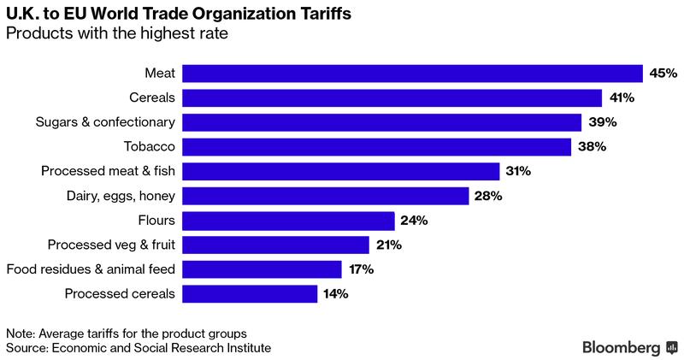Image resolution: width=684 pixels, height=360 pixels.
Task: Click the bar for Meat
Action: pyautogui.click(x=412, y=74)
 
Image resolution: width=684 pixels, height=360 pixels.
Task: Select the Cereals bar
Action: pyautogui.click(x=392, y=97)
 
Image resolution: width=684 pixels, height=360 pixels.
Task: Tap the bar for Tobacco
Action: pyautogui.click(x=376, y=147)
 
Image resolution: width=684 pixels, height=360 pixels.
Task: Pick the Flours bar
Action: pyautogui.click(x=288, y=221)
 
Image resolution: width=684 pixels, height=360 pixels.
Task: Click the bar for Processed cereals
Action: pyautogui.click(x=250, y=294)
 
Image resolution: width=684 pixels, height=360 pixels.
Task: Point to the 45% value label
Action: pyautogui.click(x=663, y=74)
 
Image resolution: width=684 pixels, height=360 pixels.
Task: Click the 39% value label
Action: pyautogui.click(x=602, y=122)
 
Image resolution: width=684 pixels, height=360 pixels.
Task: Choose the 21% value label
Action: pyautogui.click(x=386, y=245)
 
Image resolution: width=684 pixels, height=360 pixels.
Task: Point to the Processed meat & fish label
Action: pyautogui.click(x=108, y=172)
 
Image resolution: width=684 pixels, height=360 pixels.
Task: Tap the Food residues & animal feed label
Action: pyautogui.click(x=91, y=269)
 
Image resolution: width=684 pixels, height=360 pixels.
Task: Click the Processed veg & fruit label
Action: pyautogui.click(x=111, y=245)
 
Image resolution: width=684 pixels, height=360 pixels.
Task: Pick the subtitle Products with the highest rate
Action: pyautogui.click(x=116, y=34)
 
